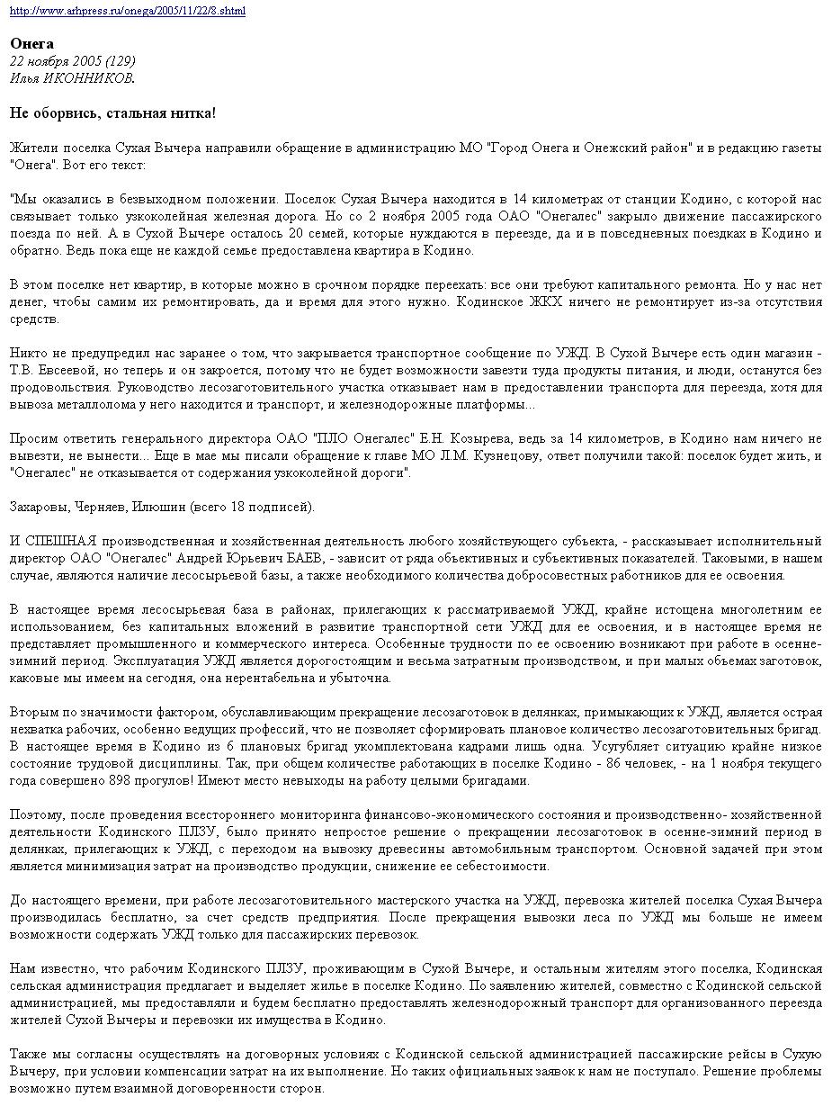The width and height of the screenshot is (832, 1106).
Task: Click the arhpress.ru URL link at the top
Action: click(x=127, y=11)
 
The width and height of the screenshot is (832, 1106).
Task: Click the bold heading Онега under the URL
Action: click(x=31, y=44)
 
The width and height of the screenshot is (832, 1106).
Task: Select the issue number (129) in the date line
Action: click(x=120, y=61)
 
